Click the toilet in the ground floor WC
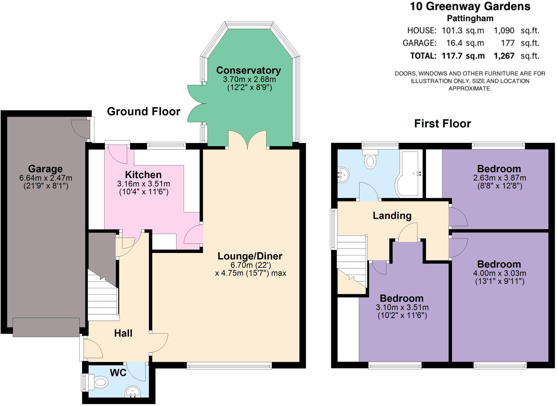pyautogui.click(x=100, y=382)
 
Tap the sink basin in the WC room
pyautogui.click(x=133, y=392)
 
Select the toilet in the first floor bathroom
pyautogui.click(x=370, y=160)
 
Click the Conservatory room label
pyautogui.click(x=248, y=70)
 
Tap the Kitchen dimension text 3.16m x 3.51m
pyautogui.click(x=143, y=184)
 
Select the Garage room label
pyautogui.click(x=45, y=169)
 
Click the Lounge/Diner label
pyautogui.click(x=250, y=256)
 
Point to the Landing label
pyautogui.click(x=392, y=216)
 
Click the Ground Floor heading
pyautogui.click(x=144, y=111)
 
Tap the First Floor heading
pyautogui.click(x=442, y=124)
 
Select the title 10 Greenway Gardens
pyautogui.click(x=470, y=6)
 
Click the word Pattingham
pyautogui.click(x=470, y=18)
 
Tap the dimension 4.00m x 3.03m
pyautogui.click(x=499, y=273)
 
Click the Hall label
pyautogui.click(x=123, y=333)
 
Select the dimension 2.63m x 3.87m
pyautogui.click(x=499, y=178)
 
